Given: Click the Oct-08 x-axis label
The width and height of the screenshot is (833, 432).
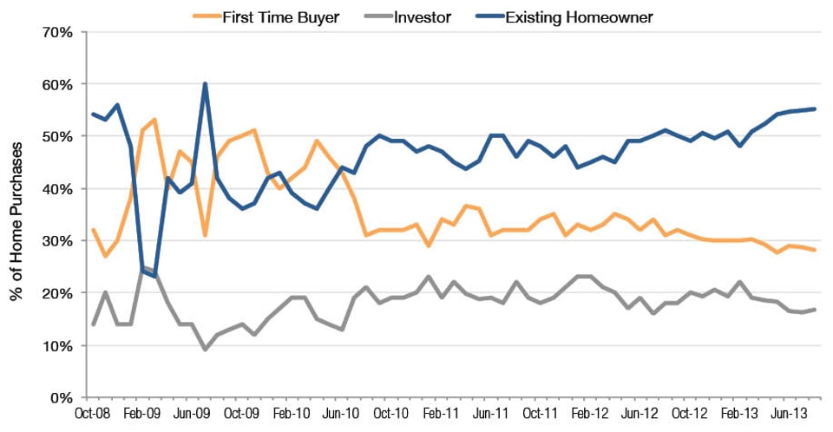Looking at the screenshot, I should [x=93, y=415].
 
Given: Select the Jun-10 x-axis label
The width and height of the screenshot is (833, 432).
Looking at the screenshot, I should [x=341, y=415].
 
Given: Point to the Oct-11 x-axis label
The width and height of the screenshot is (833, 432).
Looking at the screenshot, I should [x=540, y=415].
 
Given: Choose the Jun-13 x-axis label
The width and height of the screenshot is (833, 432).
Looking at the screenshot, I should [x=789, y=415].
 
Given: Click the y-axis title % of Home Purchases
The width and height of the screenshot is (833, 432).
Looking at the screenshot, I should [x=16, y=215].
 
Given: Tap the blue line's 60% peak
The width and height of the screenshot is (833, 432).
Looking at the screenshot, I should [x=205, y=84].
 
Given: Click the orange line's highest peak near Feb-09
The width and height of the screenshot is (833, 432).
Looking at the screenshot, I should [x=154, y=120].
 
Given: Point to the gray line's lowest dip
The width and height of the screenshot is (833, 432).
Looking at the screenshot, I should [x=205, y=350].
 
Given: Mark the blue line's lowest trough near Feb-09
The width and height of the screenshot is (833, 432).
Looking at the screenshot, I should [x=154, y=277].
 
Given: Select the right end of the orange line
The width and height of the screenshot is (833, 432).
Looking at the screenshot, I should [x=814, y=250].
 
